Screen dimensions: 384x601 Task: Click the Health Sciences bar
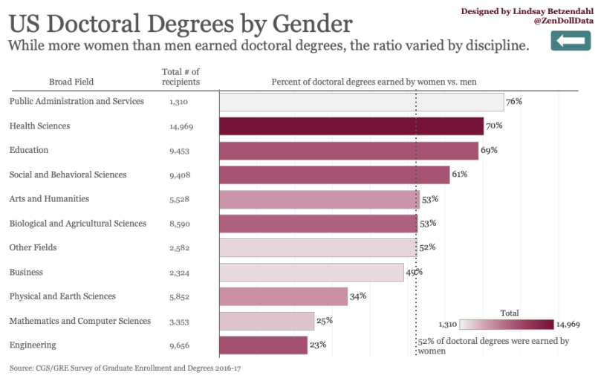351,126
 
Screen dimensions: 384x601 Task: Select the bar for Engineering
264,345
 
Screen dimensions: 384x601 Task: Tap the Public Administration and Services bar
362,102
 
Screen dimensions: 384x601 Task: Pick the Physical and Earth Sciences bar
284,296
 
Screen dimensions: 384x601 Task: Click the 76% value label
514,101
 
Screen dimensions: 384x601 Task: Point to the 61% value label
460,175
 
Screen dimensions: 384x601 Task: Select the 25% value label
325,321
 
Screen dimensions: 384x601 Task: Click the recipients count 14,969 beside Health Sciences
181,127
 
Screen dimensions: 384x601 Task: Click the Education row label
28,150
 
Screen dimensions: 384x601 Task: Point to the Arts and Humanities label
49,199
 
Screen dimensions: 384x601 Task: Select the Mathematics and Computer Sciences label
79,321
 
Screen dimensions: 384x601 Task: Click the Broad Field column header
71,81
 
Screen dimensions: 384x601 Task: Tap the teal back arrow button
570,41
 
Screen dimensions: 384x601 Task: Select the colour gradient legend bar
507,325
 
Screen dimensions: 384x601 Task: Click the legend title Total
510,313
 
